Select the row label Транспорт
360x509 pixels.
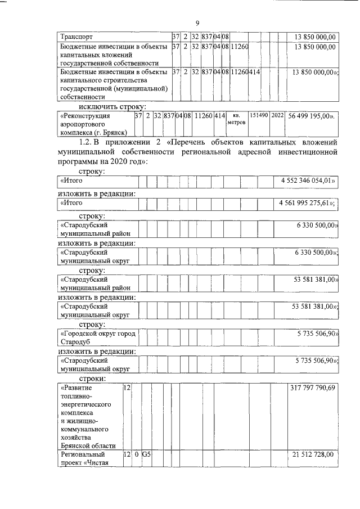(x=77, y=37)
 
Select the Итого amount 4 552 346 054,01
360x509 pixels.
(x=306, y=181)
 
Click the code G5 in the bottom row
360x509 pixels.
(x=146, y=454)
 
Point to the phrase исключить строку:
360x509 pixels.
(x=112, y=106)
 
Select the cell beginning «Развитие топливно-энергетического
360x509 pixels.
(x=89, y=416)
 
